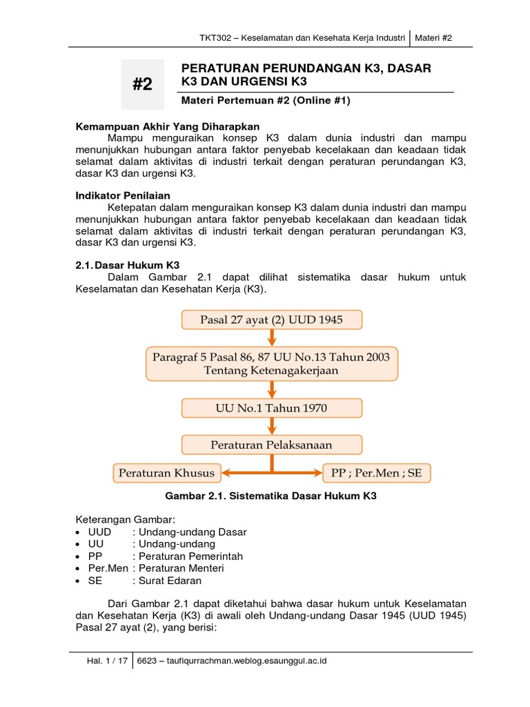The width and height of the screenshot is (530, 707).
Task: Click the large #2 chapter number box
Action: point(143,84)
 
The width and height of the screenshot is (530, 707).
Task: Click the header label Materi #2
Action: point(433,38)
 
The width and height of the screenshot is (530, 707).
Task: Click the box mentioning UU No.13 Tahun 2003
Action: point(271,364)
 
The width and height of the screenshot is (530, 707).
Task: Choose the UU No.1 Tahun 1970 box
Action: point(271,408)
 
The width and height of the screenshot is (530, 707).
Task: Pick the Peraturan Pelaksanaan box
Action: point(271,445)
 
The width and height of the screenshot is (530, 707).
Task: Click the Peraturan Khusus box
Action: point(166,474)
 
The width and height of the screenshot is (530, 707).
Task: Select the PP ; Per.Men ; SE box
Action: point(376,474)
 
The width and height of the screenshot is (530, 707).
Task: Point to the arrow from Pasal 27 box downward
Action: point(271,338)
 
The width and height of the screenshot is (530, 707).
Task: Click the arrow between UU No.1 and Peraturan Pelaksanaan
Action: point(271,426)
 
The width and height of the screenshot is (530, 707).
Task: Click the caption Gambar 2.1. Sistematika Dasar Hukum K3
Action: point(271,496)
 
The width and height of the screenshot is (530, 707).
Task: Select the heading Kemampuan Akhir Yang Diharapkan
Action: point(167,126)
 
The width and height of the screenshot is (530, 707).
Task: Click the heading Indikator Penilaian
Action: point(122,195)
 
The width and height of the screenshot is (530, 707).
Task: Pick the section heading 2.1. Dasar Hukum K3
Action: point(127,264)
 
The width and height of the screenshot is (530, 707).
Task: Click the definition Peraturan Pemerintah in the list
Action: point(190,556)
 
